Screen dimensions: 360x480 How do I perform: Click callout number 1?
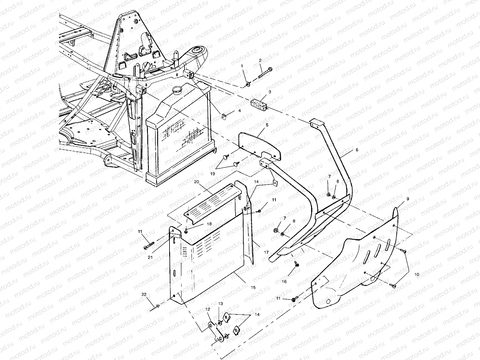[242, 65]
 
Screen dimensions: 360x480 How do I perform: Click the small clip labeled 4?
[223, 116]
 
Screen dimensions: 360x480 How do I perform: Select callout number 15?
[253, 287]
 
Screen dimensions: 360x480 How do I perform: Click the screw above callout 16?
[296, 263]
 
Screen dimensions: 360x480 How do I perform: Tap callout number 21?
[150, 257]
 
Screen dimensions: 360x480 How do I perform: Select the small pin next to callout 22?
[157, 306]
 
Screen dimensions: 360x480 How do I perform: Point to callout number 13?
[220, 304]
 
